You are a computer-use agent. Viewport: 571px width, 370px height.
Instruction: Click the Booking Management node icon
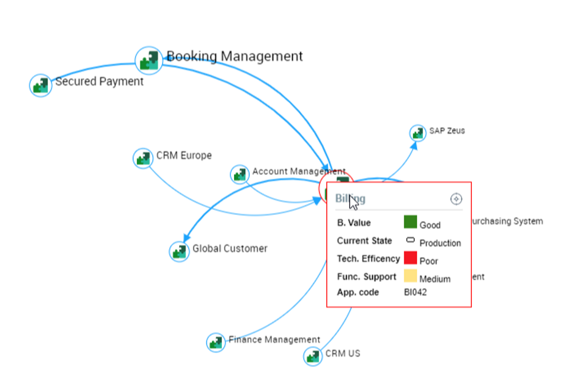pos(149,60)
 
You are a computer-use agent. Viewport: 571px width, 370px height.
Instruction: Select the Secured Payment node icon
pos(41,85)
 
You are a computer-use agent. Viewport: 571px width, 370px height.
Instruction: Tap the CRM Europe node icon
pos(143,158)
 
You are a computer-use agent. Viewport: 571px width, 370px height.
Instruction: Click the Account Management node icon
pos(240,174)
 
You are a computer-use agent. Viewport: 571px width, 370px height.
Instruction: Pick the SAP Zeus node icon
pos(418,132)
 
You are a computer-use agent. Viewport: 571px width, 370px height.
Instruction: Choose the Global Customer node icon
pos(179,251)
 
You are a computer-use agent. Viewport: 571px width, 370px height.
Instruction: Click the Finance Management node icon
pos(216,342)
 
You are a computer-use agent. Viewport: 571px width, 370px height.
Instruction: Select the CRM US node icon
pos(313,356)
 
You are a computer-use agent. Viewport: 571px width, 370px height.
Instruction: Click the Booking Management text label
pos(235,57)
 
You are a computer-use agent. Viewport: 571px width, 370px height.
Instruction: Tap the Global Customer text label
pos(230,249)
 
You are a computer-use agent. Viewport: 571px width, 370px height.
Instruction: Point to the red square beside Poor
pos(410,258)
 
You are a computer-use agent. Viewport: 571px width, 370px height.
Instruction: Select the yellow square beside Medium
pos(410,276)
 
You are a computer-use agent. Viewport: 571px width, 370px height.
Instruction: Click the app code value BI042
pos(415,292)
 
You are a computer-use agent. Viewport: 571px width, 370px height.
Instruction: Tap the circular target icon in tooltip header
pos(456,199)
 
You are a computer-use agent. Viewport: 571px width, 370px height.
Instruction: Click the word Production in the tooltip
pos(440,243)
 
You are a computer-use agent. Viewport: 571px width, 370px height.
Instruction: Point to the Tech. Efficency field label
pos(368,259)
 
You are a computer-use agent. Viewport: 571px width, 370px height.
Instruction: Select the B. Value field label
pos(354,223)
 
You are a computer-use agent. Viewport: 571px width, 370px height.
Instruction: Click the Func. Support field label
pos(366,276)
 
